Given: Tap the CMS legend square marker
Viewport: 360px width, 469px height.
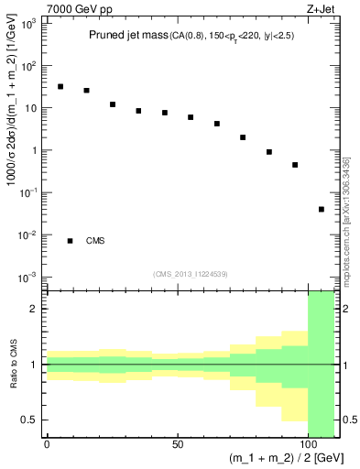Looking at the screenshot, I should tap(70, 241).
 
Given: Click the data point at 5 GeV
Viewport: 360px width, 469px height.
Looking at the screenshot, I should tap(60, 87).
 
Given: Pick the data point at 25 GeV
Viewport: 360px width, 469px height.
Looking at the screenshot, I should tap(113, 104).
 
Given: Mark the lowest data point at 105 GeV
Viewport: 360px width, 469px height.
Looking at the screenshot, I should tap(322, 209).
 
